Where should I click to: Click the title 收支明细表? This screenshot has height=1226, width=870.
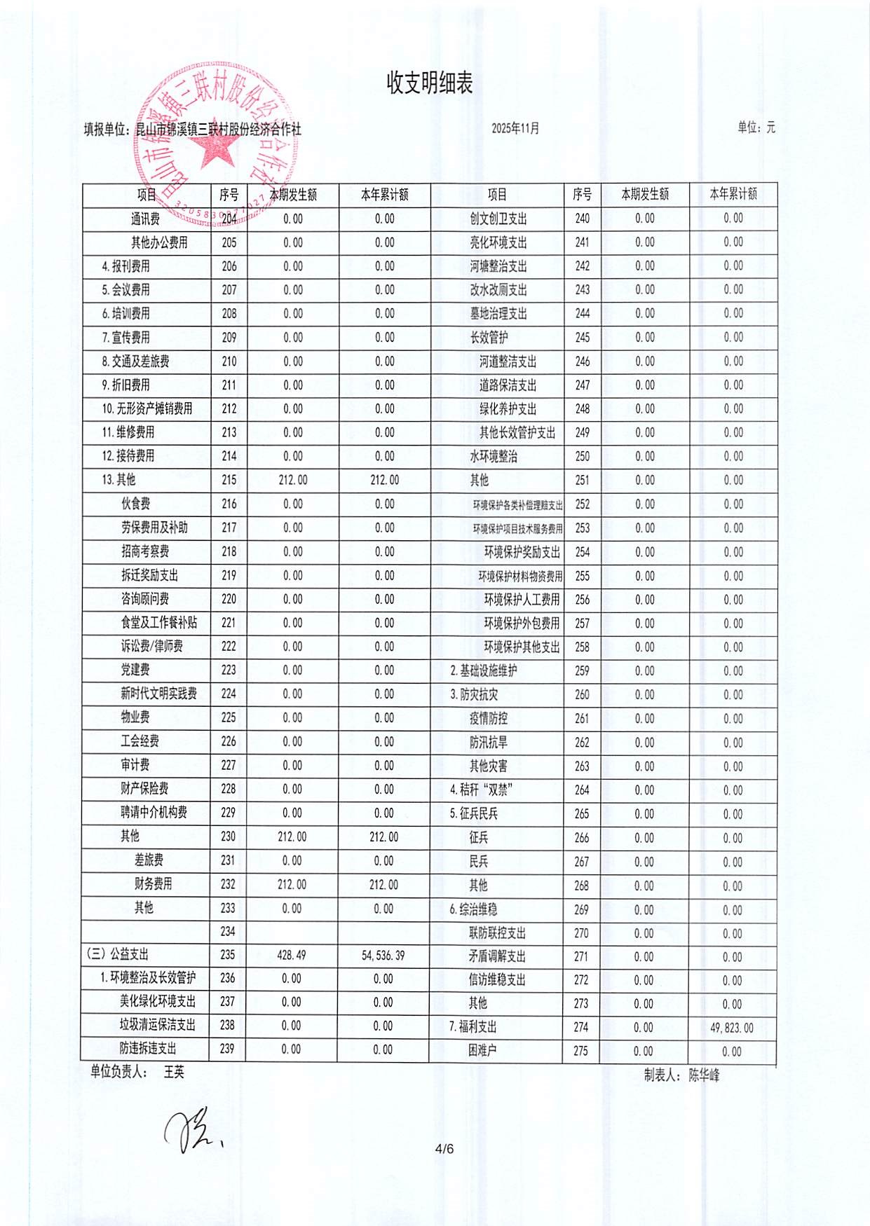pos(430,83)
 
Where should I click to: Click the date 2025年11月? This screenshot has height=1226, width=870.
pos(515,128)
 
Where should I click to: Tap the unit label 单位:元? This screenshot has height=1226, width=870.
pos(756,128)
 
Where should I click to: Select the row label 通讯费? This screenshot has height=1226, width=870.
pos(145,219)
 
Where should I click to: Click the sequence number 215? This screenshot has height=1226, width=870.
pos(229,480)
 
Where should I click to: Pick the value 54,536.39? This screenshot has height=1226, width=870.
pos(383,956)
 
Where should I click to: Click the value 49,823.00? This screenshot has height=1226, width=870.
pos(732,1028)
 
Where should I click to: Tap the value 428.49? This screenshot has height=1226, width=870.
pos(292,955)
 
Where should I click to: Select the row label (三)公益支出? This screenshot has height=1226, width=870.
pos(118,954)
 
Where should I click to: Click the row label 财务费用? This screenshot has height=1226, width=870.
pos(153,884)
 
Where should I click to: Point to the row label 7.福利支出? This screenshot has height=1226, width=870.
pos(473,1027)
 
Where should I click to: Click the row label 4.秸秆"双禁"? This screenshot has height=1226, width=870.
pos(482,790)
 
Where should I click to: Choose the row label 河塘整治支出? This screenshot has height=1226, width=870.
pos(498,266)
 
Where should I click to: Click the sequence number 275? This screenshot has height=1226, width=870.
pos(580,1051)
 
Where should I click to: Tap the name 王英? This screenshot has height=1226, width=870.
pos(174,1072)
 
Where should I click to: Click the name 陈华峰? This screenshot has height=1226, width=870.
pos(704,1075)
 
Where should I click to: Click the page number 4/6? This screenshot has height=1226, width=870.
pos(444,1148)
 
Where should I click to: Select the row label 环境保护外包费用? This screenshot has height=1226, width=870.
pos(522,624)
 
